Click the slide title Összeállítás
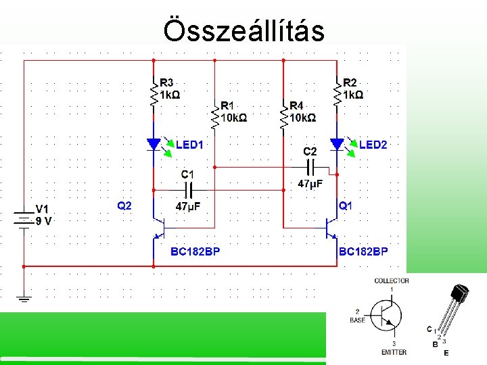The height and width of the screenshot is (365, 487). coord(243,30)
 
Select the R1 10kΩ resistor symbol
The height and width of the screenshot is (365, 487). coord(214,117)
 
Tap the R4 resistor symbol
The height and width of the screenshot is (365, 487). coord(283,116)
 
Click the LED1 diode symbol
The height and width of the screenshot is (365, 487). coord(154,144)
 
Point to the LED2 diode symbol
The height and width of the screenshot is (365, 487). coord(337,144)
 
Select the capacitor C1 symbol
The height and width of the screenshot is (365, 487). coord(187,190)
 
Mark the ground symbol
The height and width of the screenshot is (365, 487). coord(24,298)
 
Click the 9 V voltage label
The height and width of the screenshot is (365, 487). coord(44,220)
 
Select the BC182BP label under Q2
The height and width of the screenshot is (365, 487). coord(195,252)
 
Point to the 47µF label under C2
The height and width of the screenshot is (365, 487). coord(310,183)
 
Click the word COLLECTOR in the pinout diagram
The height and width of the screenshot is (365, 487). coord(392,281)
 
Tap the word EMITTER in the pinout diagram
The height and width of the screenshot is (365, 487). coord(394,352)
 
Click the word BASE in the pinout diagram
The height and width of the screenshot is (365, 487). coord(358,320)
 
